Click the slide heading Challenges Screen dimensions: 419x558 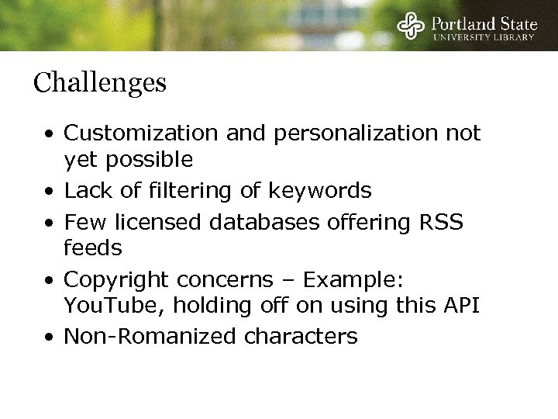pyautogui.click(x=100, y=83)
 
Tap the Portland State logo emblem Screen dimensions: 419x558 pyautogui.click(x=411, y=27)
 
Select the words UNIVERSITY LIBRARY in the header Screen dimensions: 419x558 pyautogui.click(x=484, y=37)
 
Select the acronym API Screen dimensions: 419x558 pyautogui.click(x=460, y=306)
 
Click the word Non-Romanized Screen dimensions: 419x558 pyautogui.click(x=138, y=336)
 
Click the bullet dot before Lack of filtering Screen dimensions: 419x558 pyautogui.click(x=49, y=190)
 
